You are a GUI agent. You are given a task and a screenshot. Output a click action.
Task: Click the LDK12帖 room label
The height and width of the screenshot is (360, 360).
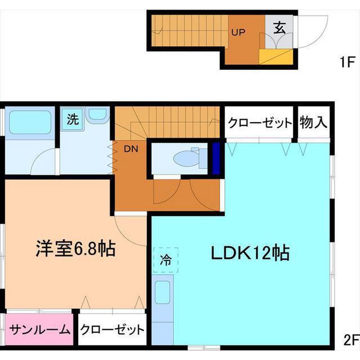250,254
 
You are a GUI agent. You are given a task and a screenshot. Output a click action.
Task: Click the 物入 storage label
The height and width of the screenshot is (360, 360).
313,122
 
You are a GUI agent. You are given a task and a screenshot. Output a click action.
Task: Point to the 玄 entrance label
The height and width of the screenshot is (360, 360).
279,28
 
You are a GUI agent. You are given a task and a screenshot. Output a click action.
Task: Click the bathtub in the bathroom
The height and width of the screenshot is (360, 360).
31,122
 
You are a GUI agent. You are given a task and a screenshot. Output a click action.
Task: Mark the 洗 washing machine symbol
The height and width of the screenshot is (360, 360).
73,119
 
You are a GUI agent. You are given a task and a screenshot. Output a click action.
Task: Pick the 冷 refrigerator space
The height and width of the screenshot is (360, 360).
166,260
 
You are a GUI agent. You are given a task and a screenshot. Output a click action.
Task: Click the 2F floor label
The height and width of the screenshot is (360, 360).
350,339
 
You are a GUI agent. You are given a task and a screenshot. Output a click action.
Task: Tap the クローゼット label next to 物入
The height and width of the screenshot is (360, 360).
260,123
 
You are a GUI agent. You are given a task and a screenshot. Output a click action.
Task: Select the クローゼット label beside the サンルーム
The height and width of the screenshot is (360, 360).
112,330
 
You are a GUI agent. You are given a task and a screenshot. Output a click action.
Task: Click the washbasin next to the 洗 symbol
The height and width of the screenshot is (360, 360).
98,115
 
